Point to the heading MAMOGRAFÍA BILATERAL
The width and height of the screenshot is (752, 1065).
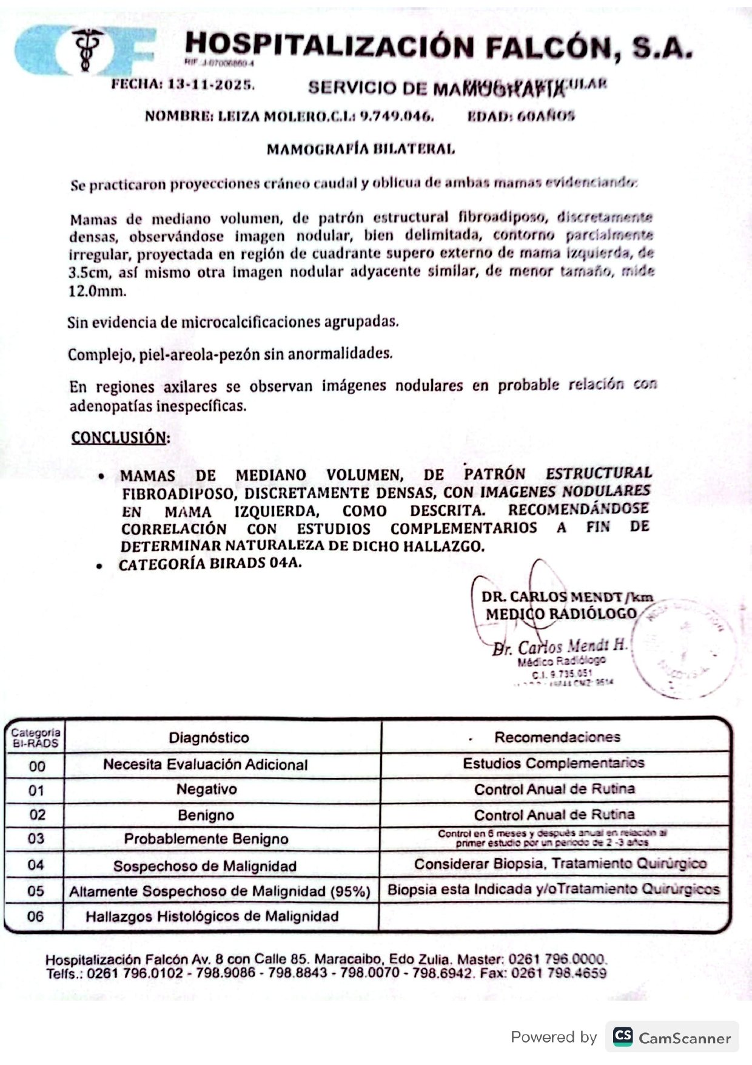[x=360, y=149]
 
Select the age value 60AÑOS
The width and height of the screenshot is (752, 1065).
[x=545, y=116]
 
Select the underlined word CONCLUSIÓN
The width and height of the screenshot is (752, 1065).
[x=119, y=438]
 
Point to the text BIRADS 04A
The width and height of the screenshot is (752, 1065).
[x=255, y=563]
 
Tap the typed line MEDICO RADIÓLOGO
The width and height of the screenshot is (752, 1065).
[x=560, y=614]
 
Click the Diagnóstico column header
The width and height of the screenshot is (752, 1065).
[x=209, y=737]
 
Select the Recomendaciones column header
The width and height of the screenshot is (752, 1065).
[x=557, y=737]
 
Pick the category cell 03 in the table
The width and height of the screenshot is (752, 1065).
[x=36, y=839]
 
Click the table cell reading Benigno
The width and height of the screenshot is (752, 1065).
[x=206, y=814]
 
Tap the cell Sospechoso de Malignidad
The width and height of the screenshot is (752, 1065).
[x=205, y=865]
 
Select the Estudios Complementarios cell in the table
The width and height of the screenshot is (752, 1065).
[x=553, y=763]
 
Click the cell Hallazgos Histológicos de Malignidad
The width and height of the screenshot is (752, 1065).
[x=212, y=916]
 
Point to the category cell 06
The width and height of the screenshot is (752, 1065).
[x=35, y=916]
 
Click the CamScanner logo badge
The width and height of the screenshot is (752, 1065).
[x=671, y=1037]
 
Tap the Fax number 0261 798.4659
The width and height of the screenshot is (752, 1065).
[x=559, y=973]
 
